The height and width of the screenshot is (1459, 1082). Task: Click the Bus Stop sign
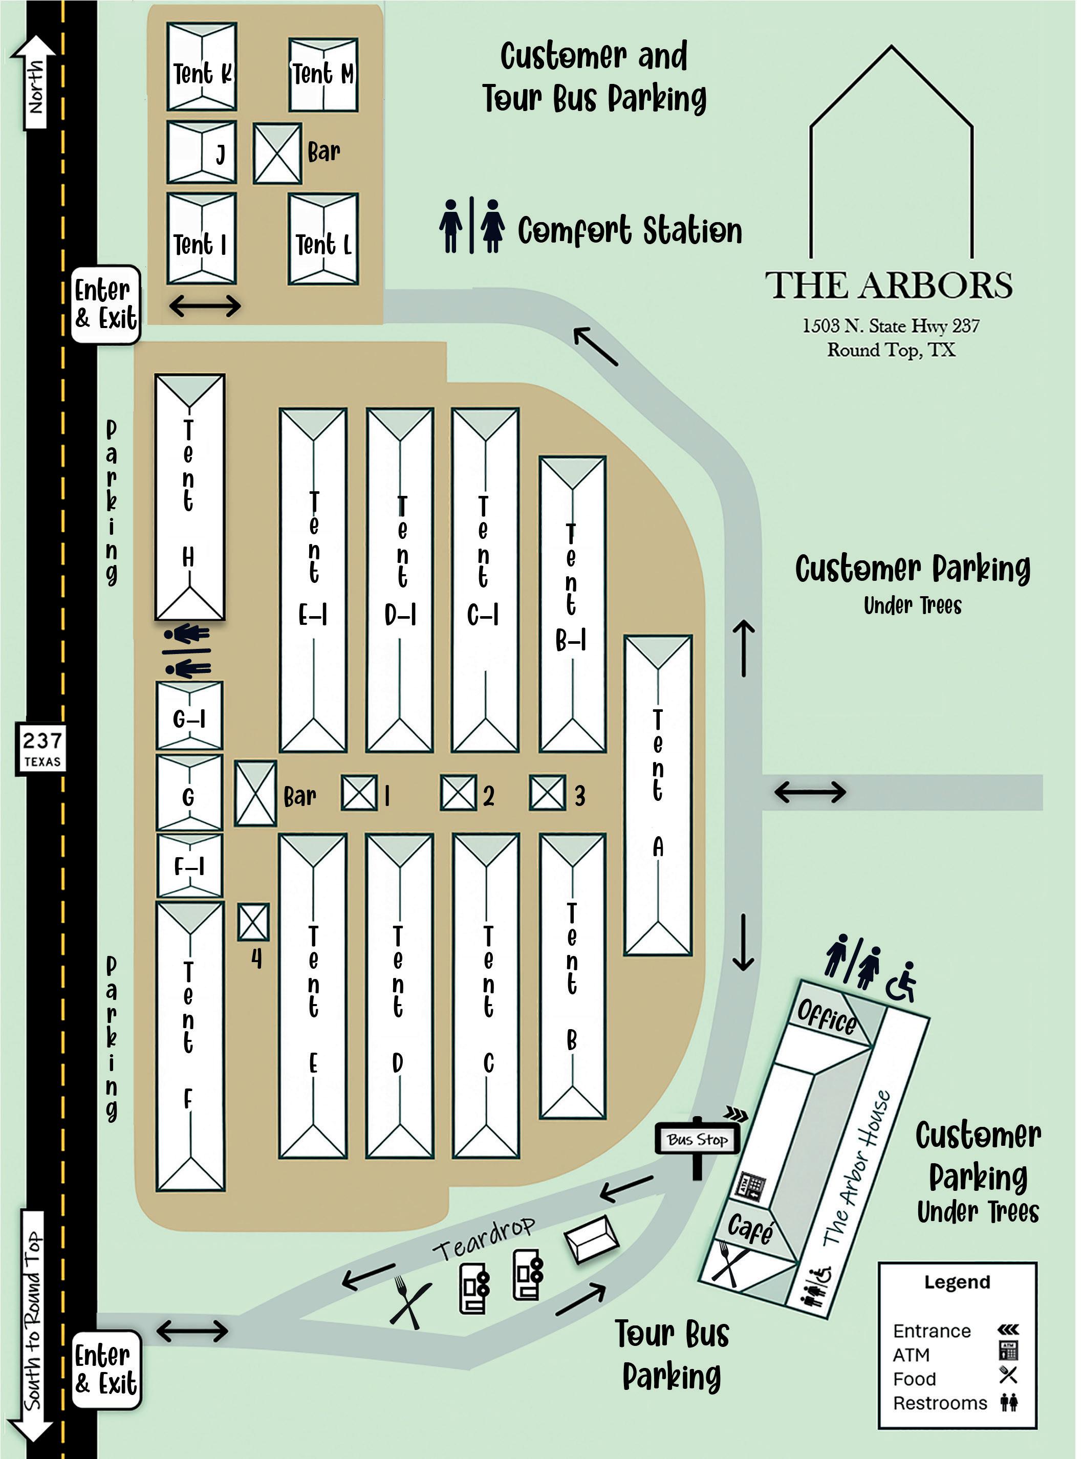pos(698,1140)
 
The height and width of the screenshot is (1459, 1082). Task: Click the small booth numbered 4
pos(253,922)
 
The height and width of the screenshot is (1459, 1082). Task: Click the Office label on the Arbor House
pos(827,1017)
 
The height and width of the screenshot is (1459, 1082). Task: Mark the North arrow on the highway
pos(33,82)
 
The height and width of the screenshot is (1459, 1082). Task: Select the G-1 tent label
pos(189,719)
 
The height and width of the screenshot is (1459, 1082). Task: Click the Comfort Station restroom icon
pos(471,226)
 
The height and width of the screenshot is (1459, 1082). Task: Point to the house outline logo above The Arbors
pos(892,150)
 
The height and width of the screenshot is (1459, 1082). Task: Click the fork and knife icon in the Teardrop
pos(409,1302)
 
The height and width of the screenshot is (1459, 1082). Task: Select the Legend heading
pos(957,1281)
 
